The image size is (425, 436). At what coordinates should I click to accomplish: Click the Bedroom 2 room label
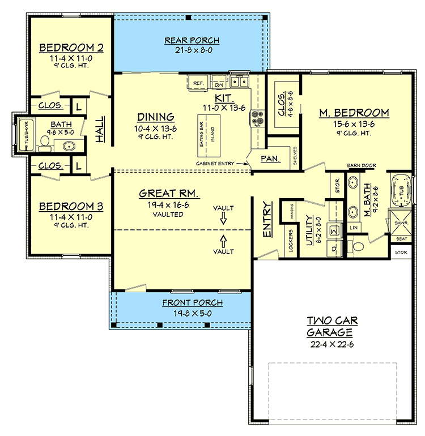67,48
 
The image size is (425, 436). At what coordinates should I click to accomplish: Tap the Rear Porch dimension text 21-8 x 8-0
192,50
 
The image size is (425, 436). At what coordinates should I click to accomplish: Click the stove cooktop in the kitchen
256,117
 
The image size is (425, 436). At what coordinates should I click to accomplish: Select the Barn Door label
362,166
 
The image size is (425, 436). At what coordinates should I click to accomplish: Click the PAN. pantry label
270,159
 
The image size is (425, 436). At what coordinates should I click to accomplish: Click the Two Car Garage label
333,327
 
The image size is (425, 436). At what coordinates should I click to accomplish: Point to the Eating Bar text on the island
201,134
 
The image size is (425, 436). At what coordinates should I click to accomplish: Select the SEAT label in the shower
401,239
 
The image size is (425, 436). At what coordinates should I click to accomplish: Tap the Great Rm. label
169,194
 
